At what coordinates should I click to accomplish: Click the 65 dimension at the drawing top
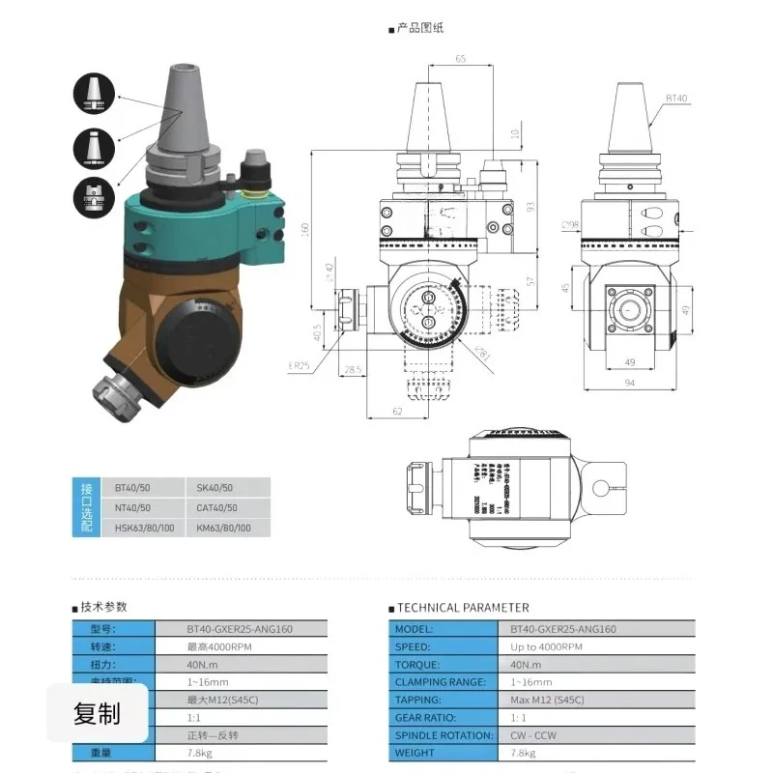(x=460, y=59)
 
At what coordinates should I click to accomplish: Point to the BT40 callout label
(x=676, y=98)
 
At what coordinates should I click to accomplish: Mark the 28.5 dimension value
(x=353, y=369)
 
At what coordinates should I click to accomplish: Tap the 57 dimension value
(x=530, y=280)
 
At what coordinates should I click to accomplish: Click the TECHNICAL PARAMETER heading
(x=464, y=608)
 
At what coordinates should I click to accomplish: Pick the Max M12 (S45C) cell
(x=548, y=700)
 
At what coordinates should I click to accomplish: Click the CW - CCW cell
(x=533, y=735)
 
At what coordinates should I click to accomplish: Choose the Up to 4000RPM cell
(x=547, y=646)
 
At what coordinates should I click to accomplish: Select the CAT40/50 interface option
(x=216, y=507)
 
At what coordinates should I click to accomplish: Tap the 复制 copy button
(x=98, y=714)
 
